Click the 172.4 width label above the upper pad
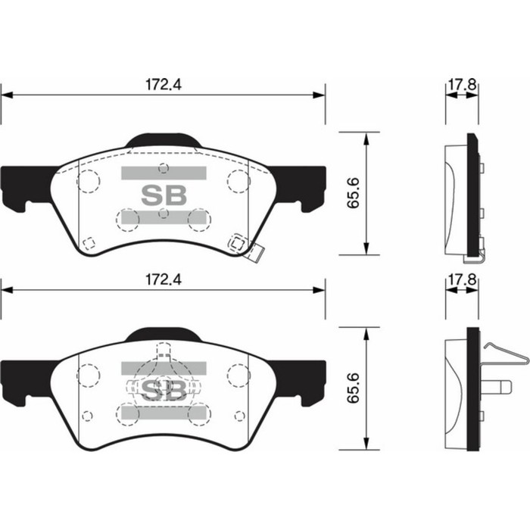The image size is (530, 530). pyautogui.click(x=164, y=86)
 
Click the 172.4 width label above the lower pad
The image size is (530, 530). pyautogui.click(x=164, y=279)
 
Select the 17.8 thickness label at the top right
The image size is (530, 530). pyautogui.click(x=460, y=86)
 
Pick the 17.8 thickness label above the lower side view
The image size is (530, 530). pyautogui.click(x=460, y=279)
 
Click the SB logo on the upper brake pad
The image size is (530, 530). pyautogui.click(x=164, y=195)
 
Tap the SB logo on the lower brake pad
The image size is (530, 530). pyautogui.click(x=164, y=389)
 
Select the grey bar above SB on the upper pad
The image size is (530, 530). pyautogui.click(x=164, y=173)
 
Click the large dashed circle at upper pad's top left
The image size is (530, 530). pyautogui.click(x=89, y=182)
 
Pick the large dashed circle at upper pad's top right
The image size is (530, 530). pyautogui.click(x=238, y=182)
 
